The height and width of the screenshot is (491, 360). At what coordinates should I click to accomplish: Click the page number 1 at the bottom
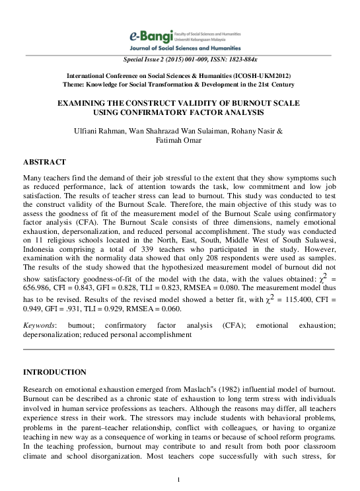(179, 478)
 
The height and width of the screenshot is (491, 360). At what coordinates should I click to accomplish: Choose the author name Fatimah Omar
(179, 141)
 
